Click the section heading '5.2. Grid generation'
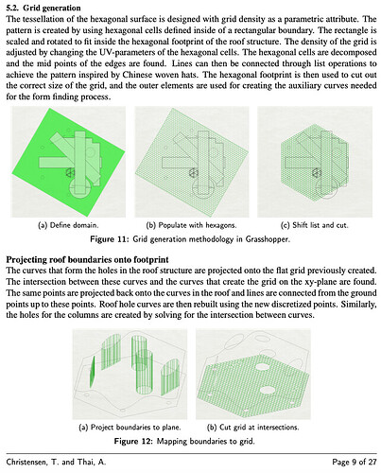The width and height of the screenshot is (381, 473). (43, 8)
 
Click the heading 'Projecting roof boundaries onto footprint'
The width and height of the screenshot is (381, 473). (88, 259)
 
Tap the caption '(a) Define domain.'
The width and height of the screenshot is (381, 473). (68, 225)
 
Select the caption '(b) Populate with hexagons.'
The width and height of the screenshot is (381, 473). (191, 225)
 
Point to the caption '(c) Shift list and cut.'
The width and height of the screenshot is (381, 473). (315, 225)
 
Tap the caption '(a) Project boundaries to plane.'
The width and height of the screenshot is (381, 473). (130, 428)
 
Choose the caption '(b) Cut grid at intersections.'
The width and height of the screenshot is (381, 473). (252, 428)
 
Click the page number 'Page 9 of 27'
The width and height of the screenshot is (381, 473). (355, 462)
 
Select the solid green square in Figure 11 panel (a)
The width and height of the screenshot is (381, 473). (69, 162)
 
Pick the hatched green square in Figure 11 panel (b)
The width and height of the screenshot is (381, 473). (192, 162)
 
